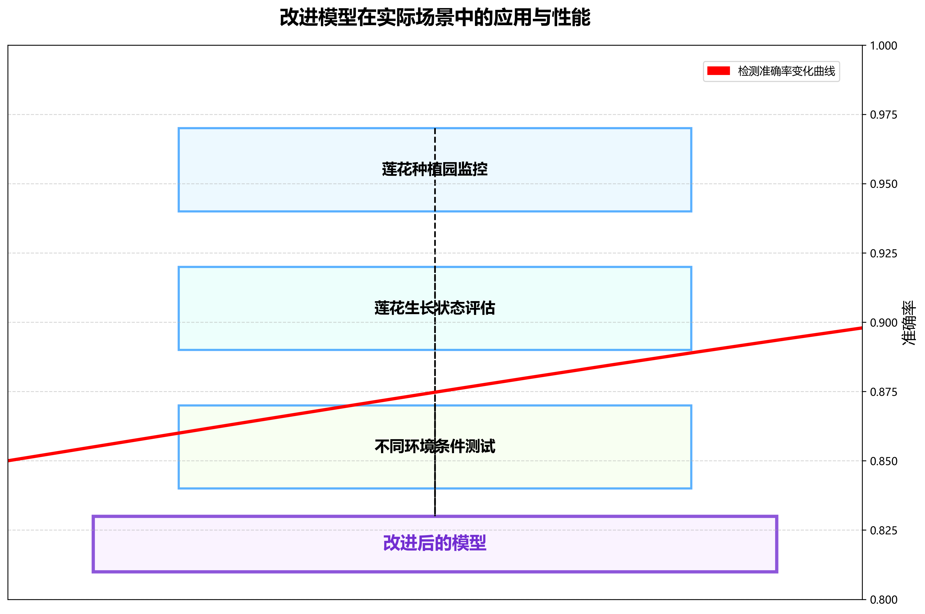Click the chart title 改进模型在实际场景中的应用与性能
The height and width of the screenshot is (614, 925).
[x=435, y=18]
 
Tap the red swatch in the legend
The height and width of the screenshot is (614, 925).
[x=718, y=71]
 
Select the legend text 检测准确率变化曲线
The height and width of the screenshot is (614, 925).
[x=786, y=71]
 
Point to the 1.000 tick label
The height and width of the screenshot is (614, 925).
[x=883, y=46]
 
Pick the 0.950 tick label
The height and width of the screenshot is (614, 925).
[x=883, y=184]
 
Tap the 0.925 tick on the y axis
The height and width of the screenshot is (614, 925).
[x=883, y=253]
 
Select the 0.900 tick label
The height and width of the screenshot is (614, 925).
[x=883, y=323]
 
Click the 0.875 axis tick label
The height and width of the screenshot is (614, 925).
[x=883, y=392]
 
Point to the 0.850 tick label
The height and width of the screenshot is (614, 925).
[x=883, y=461]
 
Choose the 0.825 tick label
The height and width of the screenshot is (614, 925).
[x=883, y=530]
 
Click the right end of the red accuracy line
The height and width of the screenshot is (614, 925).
[x=860, y=328]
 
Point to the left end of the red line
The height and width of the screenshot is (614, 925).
[x=9, y=460]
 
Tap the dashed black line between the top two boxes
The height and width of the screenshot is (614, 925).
[x=435, y=239]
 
